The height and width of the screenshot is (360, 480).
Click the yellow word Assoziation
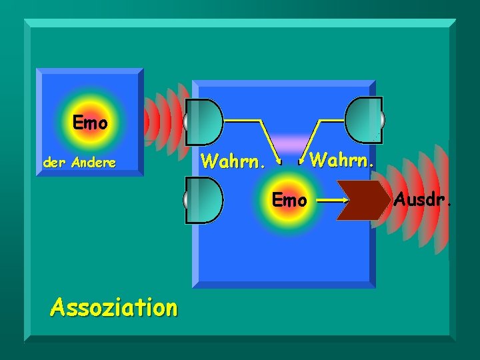point(114,307)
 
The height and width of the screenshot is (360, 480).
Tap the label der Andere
point(79,162)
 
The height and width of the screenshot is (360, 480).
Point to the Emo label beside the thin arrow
point(289,199)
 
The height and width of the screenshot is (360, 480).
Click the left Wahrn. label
point(234,161)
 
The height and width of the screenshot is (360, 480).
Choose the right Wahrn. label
point(342,160)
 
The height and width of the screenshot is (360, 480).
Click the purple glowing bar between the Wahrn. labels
point(289,144)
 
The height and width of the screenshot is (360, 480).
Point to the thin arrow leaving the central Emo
point(331,199)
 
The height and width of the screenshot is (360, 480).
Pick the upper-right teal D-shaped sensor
point(363,120)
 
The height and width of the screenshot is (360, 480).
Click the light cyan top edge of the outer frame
point(240,23)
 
